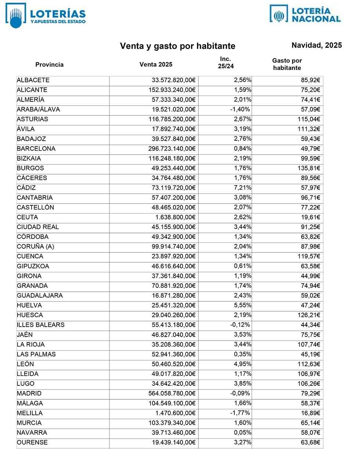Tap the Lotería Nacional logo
(x=305, y=14)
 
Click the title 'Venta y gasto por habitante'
(x=178, y=46)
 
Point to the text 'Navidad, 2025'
(x=317, y=45)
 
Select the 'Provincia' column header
(x=49, y=65)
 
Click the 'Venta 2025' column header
(x=156, y=65)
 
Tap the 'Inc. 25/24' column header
(x=225, y=63)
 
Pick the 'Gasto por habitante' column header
(x=287, y=64)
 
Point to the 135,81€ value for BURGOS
(x=309, y=168)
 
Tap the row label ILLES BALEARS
(x=40, y=325)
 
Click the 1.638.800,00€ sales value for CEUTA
(x=173, y=217)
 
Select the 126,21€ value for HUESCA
(x=309, y=315)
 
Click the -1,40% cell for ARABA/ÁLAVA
(x=240, y=109)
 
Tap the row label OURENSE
(x=32, y=442)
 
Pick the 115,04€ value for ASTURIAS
(x=309, y=119)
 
